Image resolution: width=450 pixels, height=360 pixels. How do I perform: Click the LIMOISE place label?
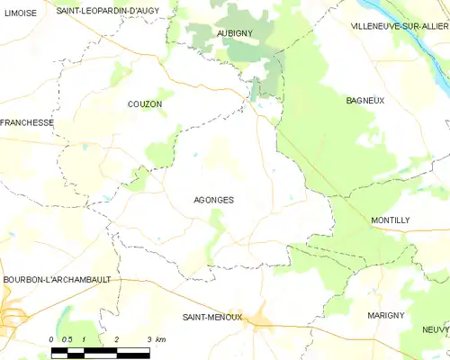pyautogui.click(x=20, y=12)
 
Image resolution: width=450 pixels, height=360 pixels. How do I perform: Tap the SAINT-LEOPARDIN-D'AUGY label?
pyautogui.click(x=107, y=11)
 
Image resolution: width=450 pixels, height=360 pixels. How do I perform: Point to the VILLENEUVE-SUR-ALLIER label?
pyautogui.click(x=400, y=27)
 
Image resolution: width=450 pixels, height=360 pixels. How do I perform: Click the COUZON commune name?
pyautogui.click(x=144, y=104)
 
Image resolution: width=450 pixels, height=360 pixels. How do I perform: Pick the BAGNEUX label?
pyautogui.click(x=365, y=100)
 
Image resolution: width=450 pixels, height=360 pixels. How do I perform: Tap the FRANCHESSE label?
pyautogui.click(x=27, y=122)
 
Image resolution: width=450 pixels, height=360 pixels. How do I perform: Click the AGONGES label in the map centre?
pyautogui.click(x=214, y=200)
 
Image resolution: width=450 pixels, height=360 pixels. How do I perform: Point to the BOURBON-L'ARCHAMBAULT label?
pyautogui.click(x=56, y=279)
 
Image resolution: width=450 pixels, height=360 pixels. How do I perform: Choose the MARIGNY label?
pyautogui.click(x=385, y=315)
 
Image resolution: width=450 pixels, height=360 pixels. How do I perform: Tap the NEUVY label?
pyautogui.click(x=435, y=329)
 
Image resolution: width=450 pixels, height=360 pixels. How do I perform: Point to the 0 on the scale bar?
pyautogui.click(x=52, y=338)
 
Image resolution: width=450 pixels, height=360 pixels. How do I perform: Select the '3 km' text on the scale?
pyautogui.click(x=156, y=338)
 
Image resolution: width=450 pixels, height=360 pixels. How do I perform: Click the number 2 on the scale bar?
pyautogui.click(x=117, y=338)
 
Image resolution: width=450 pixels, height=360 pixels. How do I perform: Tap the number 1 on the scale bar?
pyautogui.click(x=84, y=338)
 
